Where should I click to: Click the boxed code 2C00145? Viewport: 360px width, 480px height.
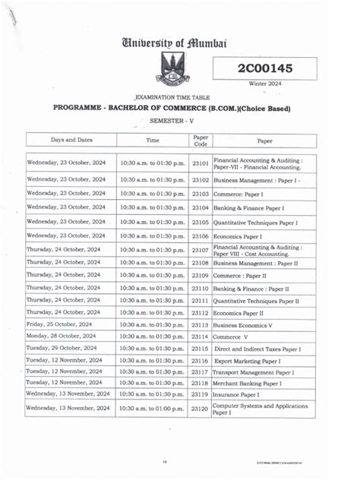[264, 68]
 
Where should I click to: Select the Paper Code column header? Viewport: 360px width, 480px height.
[201, 140]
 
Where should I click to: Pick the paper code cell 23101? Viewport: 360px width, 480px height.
[201, 163]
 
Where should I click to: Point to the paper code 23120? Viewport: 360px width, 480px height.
[201, 409]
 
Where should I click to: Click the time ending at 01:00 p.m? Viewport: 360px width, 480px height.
[151, 409]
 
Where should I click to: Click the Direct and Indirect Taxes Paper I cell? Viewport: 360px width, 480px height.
[257, 348]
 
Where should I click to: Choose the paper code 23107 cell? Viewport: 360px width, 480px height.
[201, 250]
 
